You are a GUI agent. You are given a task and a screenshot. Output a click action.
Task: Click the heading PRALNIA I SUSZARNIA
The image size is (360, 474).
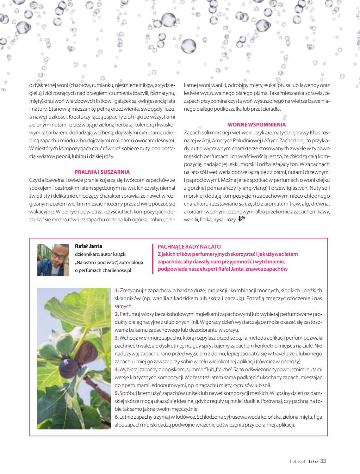(x=102, y=172)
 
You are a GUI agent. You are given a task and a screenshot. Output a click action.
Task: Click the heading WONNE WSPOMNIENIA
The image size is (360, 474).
(x=257, y=125)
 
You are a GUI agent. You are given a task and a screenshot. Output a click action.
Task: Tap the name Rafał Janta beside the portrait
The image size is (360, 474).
(x=89, y=246)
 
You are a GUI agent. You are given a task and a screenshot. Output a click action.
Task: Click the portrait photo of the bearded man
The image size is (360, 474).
(x=53, y=260)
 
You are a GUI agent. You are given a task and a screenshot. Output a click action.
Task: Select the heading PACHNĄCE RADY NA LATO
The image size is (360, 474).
(x=189, y=247)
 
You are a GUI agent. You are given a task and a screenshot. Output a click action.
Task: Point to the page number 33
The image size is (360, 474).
(x=323, y=461)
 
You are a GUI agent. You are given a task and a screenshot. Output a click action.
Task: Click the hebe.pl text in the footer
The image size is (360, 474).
(x=297, y=461)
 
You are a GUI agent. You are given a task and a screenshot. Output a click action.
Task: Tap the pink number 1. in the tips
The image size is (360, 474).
(x=117, y=290)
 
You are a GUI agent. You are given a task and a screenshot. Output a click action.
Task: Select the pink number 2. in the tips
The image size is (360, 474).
(x=117, y=314)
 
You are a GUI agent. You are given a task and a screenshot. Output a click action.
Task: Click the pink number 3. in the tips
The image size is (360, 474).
(x=117, y=338)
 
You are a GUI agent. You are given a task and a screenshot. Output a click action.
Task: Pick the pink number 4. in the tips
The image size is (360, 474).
(x=117, y=369)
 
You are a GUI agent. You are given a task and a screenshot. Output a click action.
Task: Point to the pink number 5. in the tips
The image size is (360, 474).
(x=117, y=393)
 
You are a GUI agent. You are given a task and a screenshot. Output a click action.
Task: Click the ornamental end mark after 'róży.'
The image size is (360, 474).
(x=242, y=219)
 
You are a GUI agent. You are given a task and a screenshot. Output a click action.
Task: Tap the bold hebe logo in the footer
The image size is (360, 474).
(x=313, y=461)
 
